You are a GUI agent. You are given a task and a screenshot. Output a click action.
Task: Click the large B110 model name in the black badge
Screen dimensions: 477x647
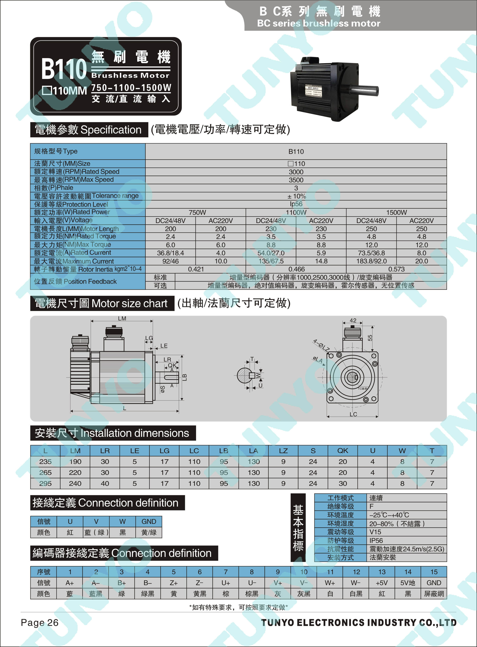(64, 69)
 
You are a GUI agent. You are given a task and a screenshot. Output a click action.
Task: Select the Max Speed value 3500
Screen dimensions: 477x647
(296, 180)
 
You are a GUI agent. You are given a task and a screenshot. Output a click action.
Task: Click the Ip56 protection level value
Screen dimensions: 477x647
(296, 204)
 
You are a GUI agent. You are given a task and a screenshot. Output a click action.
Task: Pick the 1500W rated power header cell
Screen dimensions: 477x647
(396, 212)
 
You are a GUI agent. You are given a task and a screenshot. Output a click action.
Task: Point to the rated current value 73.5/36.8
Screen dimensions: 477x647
(371, 253)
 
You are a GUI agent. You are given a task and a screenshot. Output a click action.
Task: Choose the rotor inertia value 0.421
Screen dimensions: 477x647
(196, 269)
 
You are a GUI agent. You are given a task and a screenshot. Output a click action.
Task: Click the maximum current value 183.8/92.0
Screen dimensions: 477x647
(371, 261)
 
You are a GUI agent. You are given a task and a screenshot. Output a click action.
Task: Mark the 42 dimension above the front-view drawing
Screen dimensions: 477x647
(353, 320)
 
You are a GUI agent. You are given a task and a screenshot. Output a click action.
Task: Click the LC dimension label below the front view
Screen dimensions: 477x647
(353, 414)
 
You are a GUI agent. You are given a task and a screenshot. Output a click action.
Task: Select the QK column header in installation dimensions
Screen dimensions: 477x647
(343, 451)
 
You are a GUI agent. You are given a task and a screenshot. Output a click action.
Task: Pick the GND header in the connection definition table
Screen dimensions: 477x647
(149, 522)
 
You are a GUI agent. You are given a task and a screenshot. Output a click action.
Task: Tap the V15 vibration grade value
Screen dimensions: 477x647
(375, 532)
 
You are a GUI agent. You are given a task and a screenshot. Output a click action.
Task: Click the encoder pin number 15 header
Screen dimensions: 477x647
(434, 572)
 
